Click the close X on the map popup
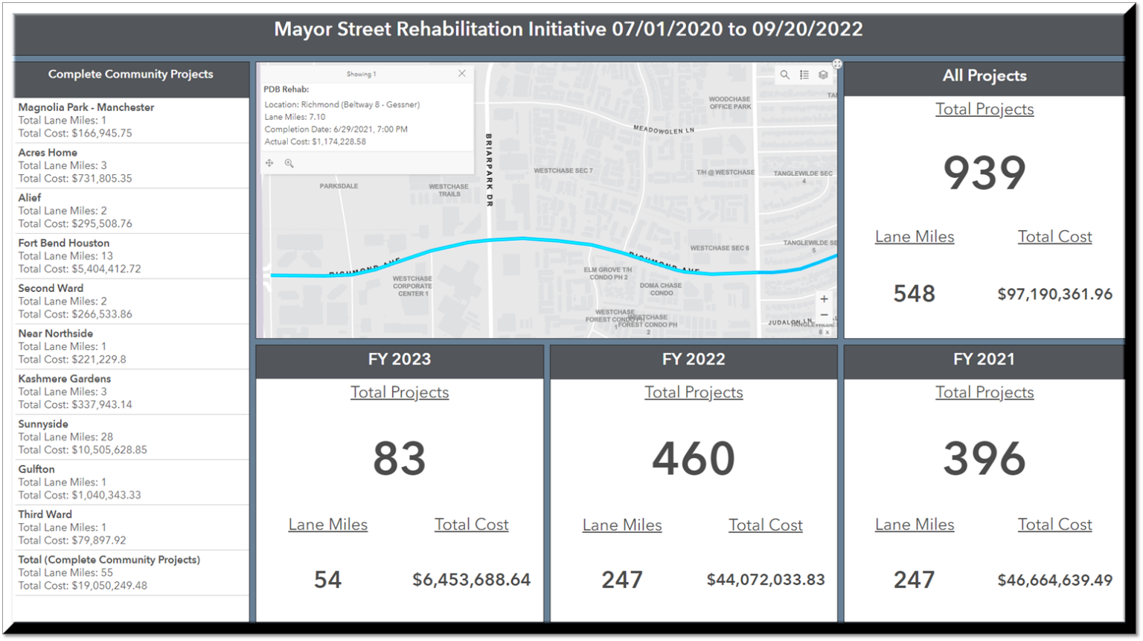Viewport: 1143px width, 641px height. coord(462,74)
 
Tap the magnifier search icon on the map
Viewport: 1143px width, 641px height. coord(784,75)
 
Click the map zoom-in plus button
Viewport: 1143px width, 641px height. coord(824,299)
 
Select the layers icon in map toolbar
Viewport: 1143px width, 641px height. coord(823,75)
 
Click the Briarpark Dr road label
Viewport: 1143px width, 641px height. coord(489,170)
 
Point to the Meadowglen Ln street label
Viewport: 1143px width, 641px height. coord(664,130)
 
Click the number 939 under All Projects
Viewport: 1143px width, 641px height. coord(984,173)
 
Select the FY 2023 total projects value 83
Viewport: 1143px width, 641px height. coord(400,458)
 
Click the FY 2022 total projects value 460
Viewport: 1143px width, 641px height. coord(694,458)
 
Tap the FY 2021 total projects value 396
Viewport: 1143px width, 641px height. coord(984,458)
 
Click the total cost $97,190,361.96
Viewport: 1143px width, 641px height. coord(1054,294)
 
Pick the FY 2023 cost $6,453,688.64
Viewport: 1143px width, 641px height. coord(471,580)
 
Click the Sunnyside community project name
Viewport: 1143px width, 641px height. coord(43,424)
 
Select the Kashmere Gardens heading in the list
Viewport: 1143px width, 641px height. coord(65,379)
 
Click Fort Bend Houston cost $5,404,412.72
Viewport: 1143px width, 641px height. coord(80,269)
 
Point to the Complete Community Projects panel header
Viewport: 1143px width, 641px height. coord(131,74)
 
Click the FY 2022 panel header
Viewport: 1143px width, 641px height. coord(694,359)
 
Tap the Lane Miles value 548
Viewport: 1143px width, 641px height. coord(914,294)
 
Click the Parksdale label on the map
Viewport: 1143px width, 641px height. coord(339,186)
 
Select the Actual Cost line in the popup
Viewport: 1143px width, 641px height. coord(315,141)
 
